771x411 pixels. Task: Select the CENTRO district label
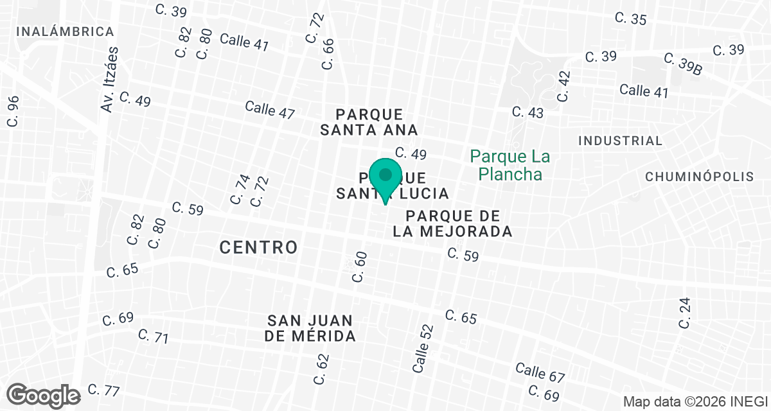point(259,247)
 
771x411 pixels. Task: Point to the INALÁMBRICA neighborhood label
point(66,31)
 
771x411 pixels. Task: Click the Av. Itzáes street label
point(111,80)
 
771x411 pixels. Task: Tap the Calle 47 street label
point(270,109)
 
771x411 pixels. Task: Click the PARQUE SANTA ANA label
point(369,122)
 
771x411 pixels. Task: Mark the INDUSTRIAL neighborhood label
point(620,141)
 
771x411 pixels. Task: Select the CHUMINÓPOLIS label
point(699,177)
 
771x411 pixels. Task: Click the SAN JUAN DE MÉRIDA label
point(311,328)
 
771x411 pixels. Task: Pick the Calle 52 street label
point(423,349)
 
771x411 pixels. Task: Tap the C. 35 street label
point(630,19)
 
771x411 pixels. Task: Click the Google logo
point(44,395)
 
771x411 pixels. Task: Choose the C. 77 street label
point(103,390)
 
